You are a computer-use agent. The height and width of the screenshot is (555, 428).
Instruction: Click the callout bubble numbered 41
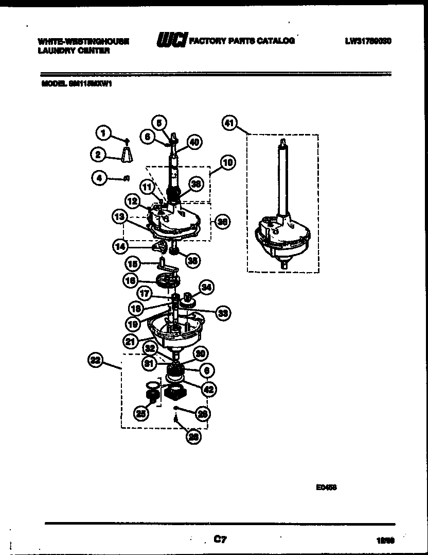(x=229, y=123)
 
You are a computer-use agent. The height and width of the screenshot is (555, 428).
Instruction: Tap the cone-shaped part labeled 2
(x=127, y=154)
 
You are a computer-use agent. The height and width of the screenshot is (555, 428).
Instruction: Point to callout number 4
(x=98, y=178)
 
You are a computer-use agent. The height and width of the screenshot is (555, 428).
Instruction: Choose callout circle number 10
(x=227, y=163)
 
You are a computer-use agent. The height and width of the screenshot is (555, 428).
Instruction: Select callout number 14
(x=120, y=246)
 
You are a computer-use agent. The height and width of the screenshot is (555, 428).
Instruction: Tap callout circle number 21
(x=131, y=341)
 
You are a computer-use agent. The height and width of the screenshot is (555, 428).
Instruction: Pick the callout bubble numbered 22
(x=96, y=361)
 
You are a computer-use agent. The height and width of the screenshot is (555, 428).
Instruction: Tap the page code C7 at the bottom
(x=220, y=540)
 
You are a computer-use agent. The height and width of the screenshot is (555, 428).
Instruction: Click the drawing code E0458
(x=326, y=486)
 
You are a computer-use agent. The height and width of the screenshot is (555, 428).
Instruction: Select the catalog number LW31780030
(x=368, y=41)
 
